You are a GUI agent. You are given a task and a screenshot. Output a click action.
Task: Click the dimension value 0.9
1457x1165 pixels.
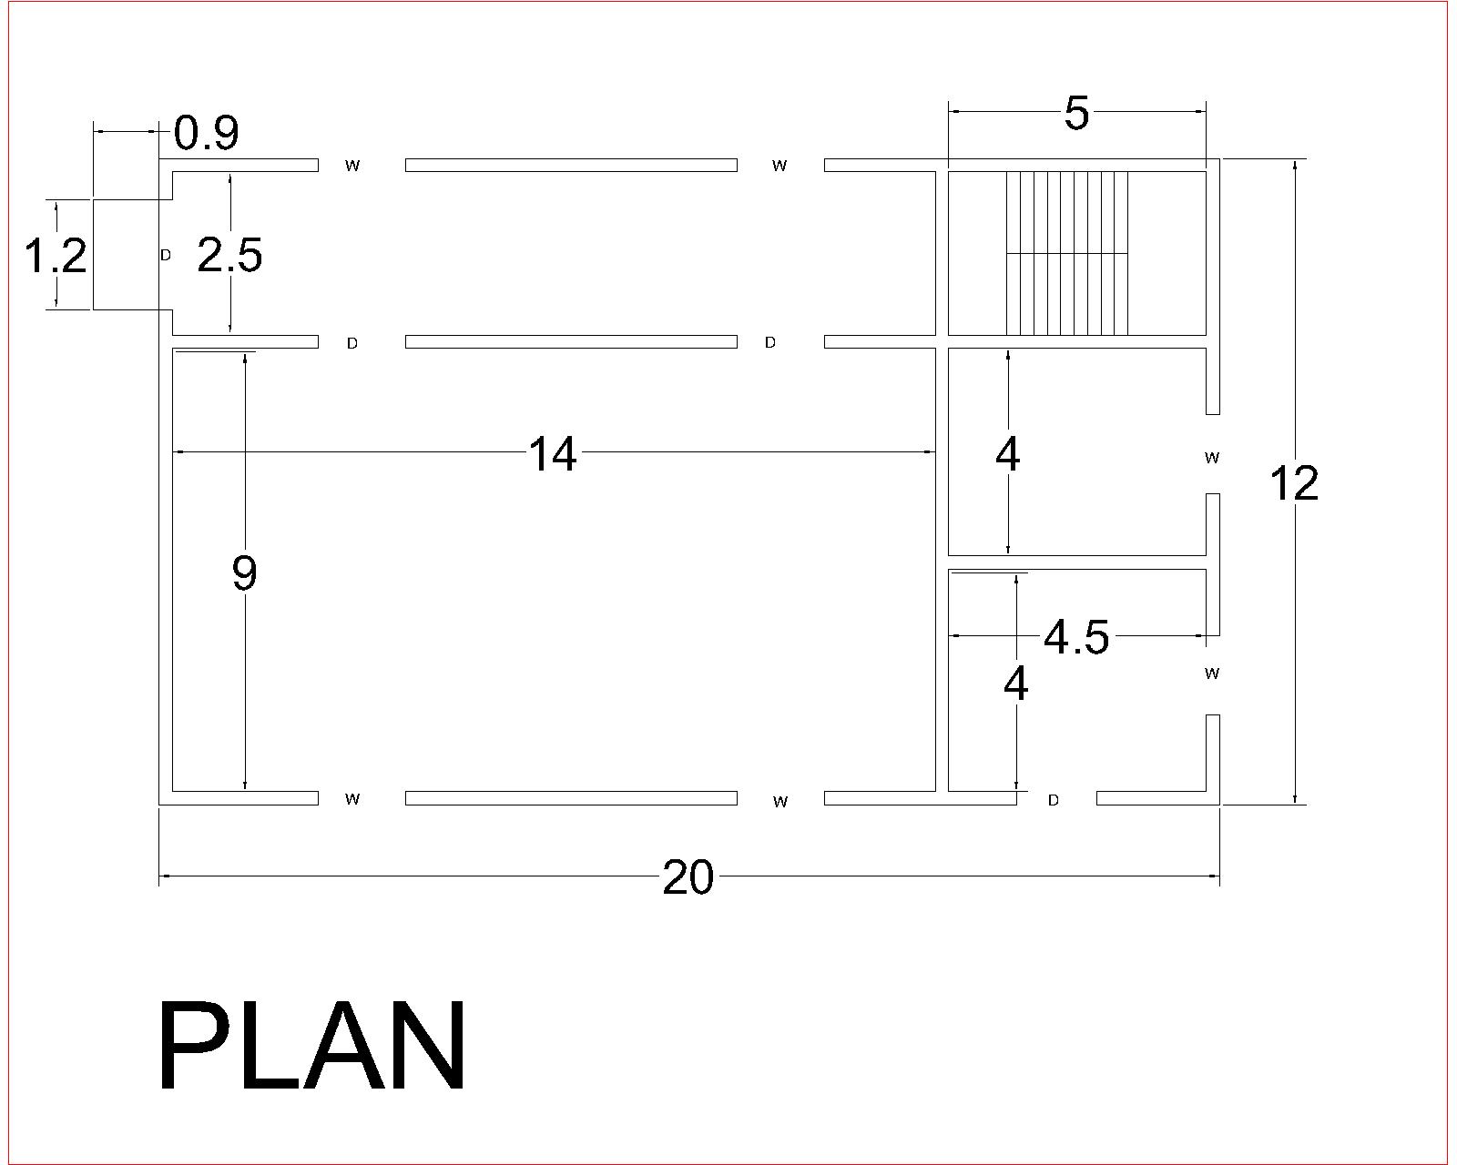point(207,134)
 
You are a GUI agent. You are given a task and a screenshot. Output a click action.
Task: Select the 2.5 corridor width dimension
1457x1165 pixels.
point(229,254)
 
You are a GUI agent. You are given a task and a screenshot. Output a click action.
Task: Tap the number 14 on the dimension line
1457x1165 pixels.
point(553,454)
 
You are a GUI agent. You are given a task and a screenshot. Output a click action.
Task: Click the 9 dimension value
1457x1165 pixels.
point(244,573)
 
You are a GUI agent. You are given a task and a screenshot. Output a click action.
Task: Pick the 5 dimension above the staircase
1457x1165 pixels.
point(1076,114)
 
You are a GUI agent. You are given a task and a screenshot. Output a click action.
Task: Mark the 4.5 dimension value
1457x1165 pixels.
point(1076,637)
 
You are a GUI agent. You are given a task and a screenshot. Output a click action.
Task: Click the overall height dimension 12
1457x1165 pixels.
point(1294,483)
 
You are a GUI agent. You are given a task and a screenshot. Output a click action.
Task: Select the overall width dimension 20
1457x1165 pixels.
point(688,878)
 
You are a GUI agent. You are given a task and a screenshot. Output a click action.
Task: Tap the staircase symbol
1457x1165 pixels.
point(1067,253)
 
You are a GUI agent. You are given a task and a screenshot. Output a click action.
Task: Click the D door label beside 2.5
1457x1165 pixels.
point(166,256)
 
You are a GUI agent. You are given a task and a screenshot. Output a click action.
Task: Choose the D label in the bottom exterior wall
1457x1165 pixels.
point(1054,801)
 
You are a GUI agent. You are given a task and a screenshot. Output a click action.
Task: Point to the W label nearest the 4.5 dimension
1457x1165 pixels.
point(1212,674)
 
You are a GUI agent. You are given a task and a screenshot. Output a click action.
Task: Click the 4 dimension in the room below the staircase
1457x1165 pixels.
point(1007,454)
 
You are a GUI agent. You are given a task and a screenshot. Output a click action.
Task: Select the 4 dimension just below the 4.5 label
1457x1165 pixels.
point(1015,684)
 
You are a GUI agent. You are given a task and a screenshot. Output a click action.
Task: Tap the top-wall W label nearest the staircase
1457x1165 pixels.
point(779,166)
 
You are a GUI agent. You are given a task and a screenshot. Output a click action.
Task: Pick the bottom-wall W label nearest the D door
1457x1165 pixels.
point(780,802)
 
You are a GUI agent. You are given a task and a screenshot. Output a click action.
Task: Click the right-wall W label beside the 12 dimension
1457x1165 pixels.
point(1212,459)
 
